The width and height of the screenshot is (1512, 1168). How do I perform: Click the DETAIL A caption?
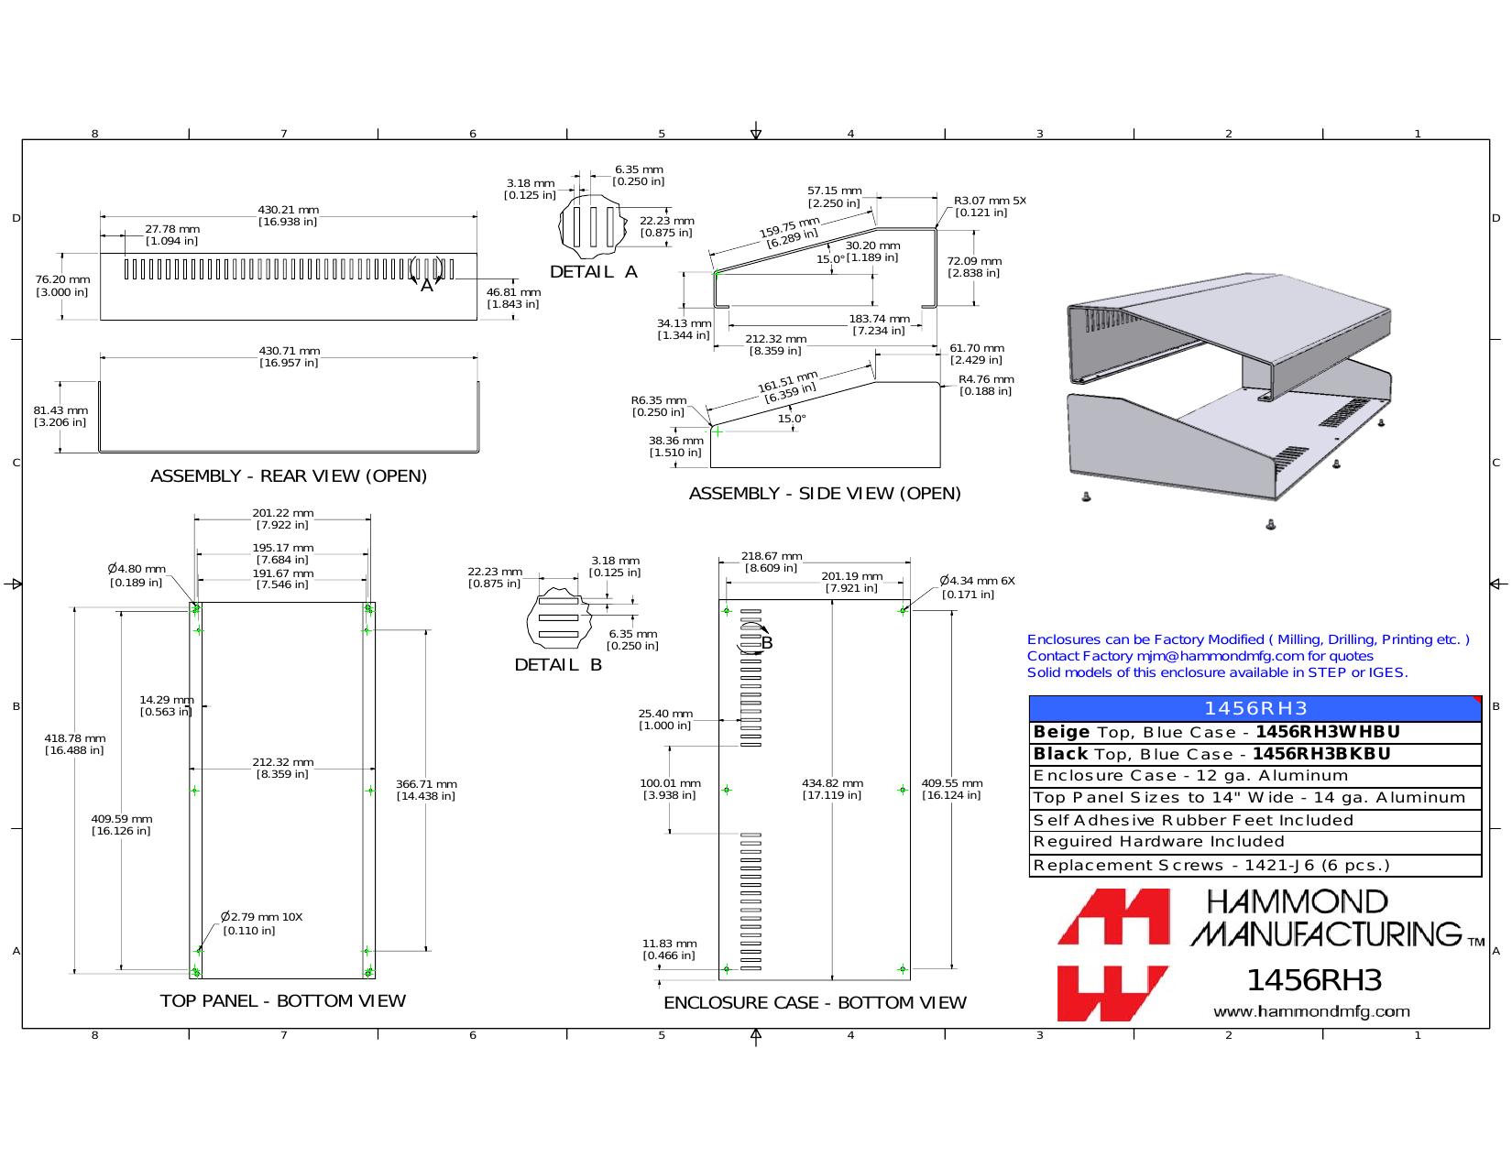594,272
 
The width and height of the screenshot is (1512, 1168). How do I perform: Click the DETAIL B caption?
558,665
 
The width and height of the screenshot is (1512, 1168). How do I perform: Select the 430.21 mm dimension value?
288,210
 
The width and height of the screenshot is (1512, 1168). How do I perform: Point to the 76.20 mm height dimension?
62,279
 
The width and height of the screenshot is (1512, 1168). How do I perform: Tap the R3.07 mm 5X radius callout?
990,201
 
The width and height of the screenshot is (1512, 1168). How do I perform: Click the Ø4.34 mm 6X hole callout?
977,580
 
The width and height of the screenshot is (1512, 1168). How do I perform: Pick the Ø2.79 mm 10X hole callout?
262,917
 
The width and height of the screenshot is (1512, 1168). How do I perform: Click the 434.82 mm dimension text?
832,783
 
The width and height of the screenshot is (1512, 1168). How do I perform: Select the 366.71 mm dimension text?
426,784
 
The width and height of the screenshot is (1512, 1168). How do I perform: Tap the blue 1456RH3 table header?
1255,708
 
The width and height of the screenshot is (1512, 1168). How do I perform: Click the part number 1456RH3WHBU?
1328,732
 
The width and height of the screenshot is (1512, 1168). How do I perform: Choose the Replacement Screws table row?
1255,866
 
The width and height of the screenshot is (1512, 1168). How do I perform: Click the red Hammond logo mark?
1113,955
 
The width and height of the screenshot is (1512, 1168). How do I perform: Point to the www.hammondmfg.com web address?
1311,1011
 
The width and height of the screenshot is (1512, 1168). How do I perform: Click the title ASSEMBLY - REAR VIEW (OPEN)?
289,476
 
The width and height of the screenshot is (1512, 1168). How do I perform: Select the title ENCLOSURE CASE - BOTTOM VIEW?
815,1002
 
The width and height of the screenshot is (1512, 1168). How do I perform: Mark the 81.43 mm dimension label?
60,410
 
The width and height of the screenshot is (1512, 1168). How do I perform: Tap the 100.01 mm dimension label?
670,783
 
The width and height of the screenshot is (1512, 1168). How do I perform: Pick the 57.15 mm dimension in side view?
834,191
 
